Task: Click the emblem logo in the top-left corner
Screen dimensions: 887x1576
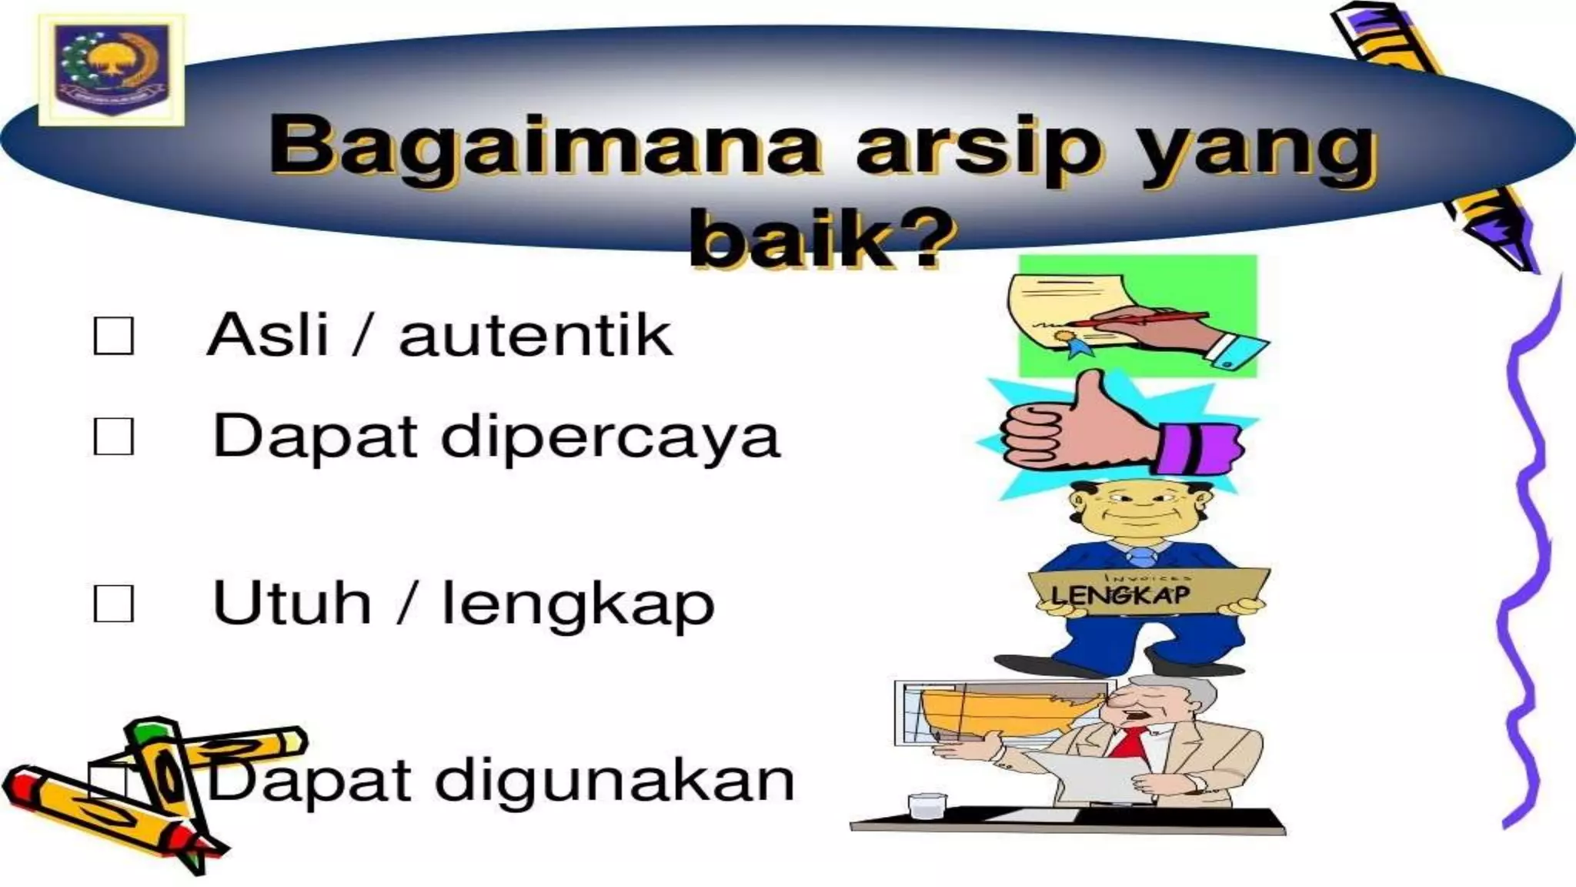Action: [x=112, y=69]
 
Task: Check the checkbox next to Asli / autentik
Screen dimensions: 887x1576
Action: [x=113, y=336]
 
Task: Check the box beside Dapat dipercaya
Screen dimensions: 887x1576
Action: [x=113, y=437]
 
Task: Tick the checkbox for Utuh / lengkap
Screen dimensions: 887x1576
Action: [x=113, y=604]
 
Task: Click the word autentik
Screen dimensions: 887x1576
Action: [x=536, y=336]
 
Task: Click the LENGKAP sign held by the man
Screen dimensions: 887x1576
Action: [x=1147, y=592]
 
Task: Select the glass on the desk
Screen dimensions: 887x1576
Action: [x=927, y=806]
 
